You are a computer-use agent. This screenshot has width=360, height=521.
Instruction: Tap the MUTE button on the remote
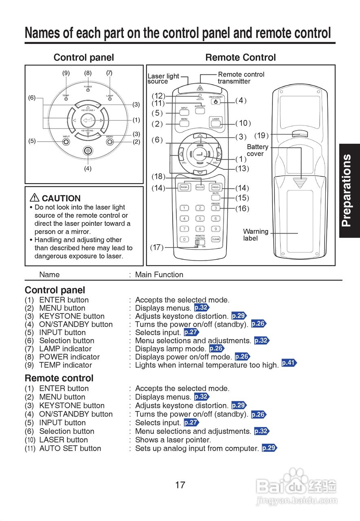(215, 198)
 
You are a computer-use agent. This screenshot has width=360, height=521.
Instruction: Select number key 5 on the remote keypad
(200, 219)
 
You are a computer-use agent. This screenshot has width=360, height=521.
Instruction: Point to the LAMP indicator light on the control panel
(110, 99)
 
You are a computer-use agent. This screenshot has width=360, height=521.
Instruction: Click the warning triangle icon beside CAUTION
(35, 198)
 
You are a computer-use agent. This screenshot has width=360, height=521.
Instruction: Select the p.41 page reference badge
(289, 363)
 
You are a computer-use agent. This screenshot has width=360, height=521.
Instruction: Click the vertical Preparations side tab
(349, 190)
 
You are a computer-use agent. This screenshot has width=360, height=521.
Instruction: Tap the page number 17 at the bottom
(180, 485)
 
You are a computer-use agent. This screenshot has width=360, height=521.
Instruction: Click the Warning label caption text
(255, 235)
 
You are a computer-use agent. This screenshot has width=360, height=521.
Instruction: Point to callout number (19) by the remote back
(261, 136)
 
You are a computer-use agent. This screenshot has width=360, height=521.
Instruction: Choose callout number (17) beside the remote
(157, 247)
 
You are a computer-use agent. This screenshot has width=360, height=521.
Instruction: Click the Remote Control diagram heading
(240, 57)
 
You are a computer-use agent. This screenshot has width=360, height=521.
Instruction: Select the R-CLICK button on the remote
(200, 188)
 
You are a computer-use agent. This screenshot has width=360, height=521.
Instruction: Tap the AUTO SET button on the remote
(200, 110)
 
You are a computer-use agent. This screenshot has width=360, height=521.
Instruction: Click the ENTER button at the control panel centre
(88, 120)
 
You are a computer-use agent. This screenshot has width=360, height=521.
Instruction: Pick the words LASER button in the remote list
(64, 440)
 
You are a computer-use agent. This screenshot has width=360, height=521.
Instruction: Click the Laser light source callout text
(163, 79)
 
